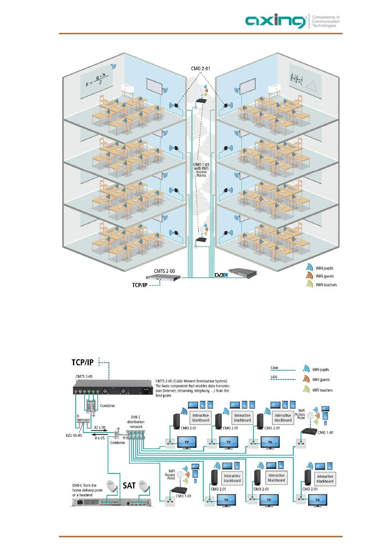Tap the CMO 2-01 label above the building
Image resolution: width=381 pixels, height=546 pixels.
click(201, 69)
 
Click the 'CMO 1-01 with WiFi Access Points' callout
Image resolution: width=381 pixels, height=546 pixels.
click(201, 170)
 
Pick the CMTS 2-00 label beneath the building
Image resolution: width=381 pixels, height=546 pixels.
click(164, 271)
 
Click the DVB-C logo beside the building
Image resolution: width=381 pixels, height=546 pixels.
click(221, 275)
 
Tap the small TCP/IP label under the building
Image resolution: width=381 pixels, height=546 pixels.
click(140, 285)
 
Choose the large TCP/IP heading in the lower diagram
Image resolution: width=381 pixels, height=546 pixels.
click(83, 363)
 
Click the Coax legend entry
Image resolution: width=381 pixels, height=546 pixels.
click(274, 368)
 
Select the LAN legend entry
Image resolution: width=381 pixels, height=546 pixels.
click(274, 377)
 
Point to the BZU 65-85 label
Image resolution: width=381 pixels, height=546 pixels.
click(74, 435)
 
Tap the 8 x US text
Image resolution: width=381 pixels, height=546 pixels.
click(99, 438)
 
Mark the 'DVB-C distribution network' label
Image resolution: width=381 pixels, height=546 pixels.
click(136, 422)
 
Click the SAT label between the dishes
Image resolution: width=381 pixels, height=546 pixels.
click(129, 486)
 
